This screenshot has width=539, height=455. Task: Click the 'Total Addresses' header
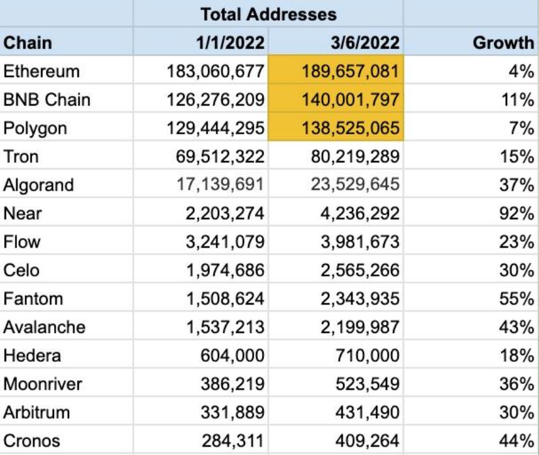(x=269, y=13)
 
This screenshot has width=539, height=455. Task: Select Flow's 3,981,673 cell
(x=353, y=243)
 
